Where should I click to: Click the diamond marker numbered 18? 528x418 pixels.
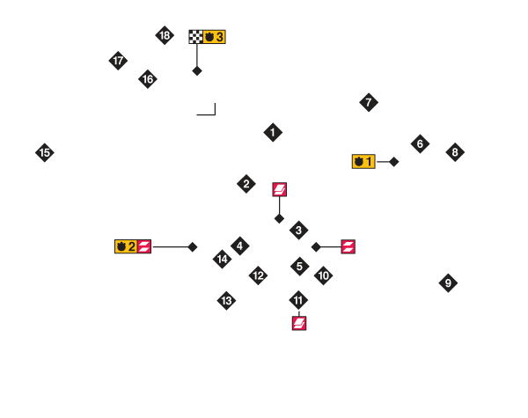165,35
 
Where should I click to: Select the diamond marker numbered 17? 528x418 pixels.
118,61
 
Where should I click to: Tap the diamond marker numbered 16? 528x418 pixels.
148,79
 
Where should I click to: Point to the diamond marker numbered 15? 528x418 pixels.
45,152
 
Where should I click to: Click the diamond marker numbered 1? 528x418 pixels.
273,133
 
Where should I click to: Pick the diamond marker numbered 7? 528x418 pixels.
369,102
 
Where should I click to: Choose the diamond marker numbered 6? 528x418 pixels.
420,143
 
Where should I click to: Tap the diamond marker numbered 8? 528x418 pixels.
455,152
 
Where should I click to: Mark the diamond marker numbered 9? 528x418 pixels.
448,283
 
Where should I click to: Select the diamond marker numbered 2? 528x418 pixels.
246,184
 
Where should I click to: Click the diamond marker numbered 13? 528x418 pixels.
226,301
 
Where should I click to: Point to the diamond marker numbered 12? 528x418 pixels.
258,275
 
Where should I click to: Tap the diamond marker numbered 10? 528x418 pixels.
323,275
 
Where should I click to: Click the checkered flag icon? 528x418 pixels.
195,37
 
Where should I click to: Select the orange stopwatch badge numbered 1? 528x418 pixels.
363,161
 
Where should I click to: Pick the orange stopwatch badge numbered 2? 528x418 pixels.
126,246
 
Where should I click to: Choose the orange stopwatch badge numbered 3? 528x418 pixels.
214,37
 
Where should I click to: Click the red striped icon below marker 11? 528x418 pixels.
299,323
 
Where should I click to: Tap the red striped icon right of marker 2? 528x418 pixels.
279,189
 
